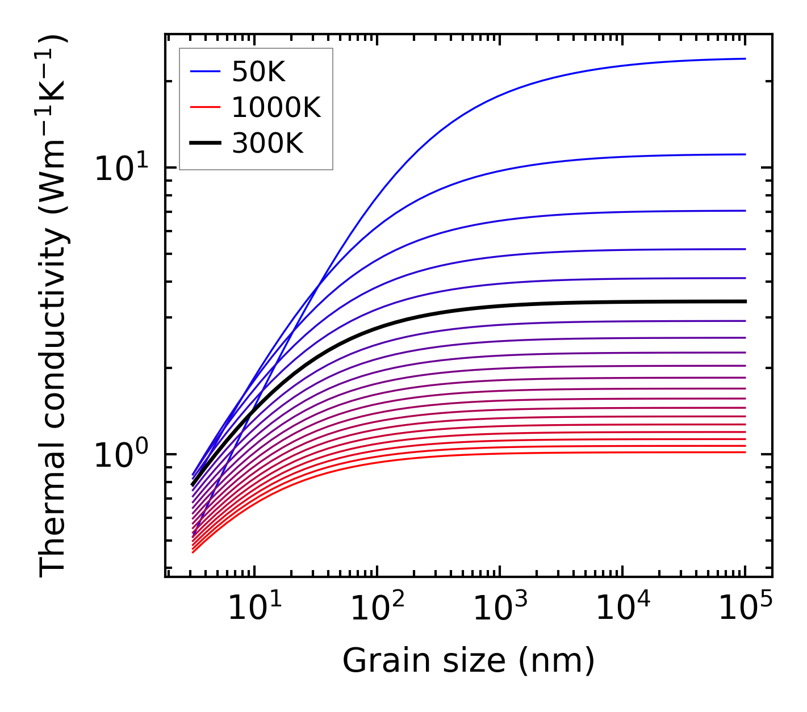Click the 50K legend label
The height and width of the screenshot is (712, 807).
pos(258,72)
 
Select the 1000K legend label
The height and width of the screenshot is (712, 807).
pos(276,107)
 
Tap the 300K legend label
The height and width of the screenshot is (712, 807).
pos(267,144)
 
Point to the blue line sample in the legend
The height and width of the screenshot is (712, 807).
pos(204,72)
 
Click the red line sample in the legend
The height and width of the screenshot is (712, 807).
pos(204,107)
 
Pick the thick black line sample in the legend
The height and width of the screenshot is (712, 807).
pos(204,144)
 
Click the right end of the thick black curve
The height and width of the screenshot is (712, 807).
pos(745,301)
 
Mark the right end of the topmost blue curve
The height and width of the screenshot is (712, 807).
pos(745,58)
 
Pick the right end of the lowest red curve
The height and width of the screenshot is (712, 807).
pos(745,452)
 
